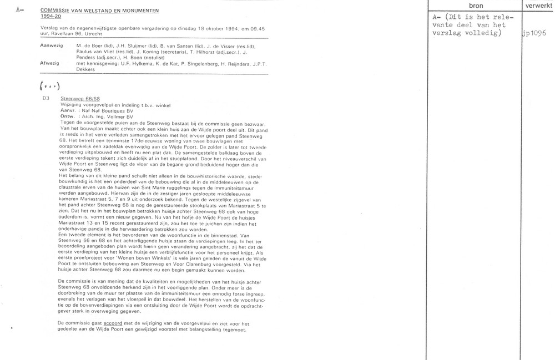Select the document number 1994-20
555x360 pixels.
click(51, 17)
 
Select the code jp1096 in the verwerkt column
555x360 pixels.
click(534, 33)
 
